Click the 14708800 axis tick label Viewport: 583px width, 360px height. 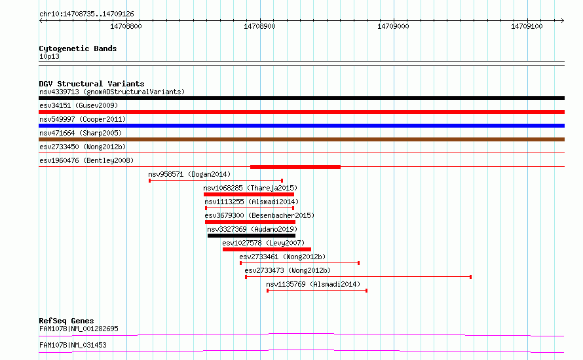click(x=126, y=26)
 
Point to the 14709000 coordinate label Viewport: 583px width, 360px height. click(x=393, y=26)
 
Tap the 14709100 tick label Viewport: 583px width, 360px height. click(x=527, y=26)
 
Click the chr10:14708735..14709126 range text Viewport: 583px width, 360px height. click(x=86, y=14)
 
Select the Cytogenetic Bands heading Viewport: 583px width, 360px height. click(x=78, y=48)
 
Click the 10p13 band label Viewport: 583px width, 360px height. click(x=49, y=56)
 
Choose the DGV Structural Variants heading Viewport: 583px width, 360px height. click(x=92, y=84)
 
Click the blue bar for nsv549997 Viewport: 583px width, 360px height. click(x=301, y=126)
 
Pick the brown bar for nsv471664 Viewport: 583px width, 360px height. click(x=301, y=139)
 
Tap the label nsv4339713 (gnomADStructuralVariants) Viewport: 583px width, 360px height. click(x=112, y=92)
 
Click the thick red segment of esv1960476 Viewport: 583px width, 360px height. click(x=295, y=167)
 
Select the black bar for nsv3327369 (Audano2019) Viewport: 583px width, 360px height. click(x=252, y=236)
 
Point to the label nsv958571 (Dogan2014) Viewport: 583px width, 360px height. click(x=189, y=174)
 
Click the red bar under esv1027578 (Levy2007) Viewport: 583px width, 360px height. click(x=267, y=249)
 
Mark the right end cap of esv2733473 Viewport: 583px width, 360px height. click(x=471, y=277)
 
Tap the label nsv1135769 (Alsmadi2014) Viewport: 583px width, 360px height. click(x=313, y=284)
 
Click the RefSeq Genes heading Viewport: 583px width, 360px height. click(x=67, y=321)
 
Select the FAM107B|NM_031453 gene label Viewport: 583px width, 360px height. click(x=73, y=345)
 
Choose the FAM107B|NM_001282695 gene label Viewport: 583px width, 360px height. click(x=79, y=329)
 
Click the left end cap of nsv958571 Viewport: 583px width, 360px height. click(x=149, y=181)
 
